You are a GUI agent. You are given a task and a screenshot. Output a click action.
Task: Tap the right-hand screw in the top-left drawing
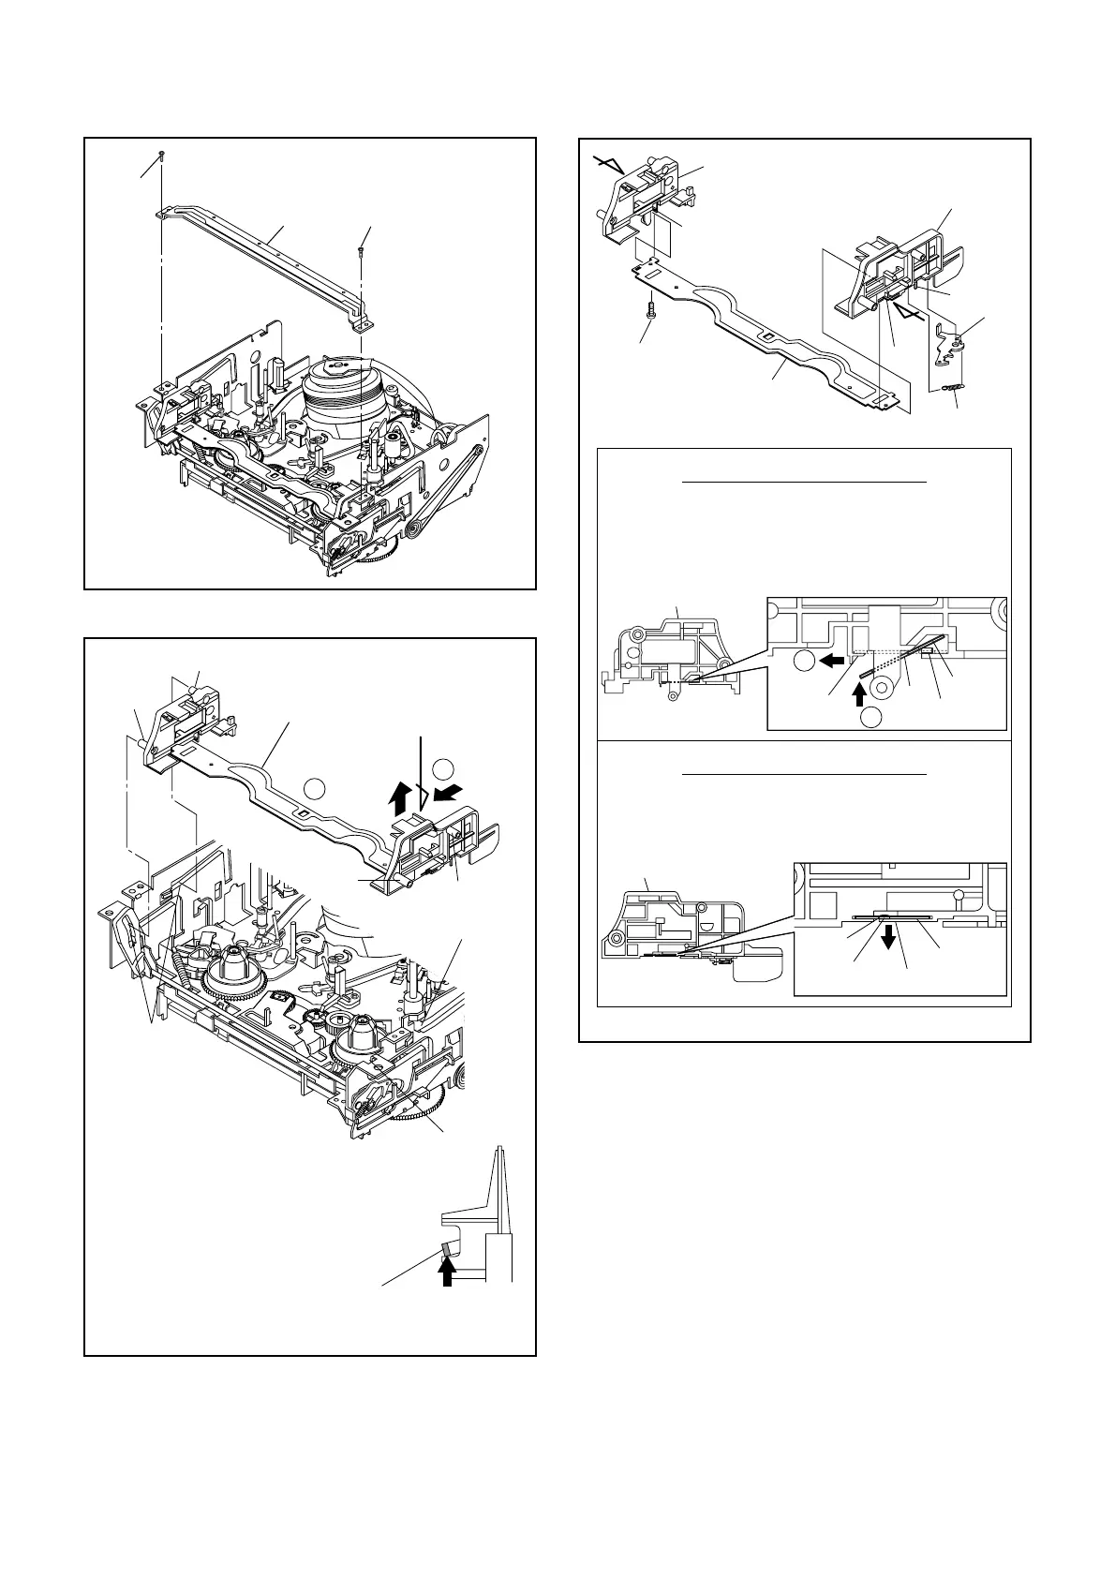tap(361, 250)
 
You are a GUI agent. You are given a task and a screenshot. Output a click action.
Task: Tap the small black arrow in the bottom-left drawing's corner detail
tap(447, 1272)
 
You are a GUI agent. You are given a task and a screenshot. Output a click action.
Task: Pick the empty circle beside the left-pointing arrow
tap(803, 661)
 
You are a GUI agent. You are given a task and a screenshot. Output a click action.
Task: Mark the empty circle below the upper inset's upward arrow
tap(870, 718)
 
